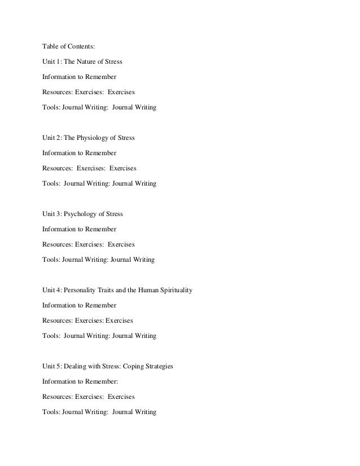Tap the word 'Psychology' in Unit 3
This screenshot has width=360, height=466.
(x=81, y=214)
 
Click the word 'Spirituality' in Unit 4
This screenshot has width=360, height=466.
(x=175, y=291)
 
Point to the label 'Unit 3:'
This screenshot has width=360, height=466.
(x=52, y=214)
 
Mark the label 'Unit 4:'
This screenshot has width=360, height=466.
(x=52, y=291)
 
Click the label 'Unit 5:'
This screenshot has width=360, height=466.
(x=52, y=367)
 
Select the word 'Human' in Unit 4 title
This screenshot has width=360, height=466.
(x=146, y=291)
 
